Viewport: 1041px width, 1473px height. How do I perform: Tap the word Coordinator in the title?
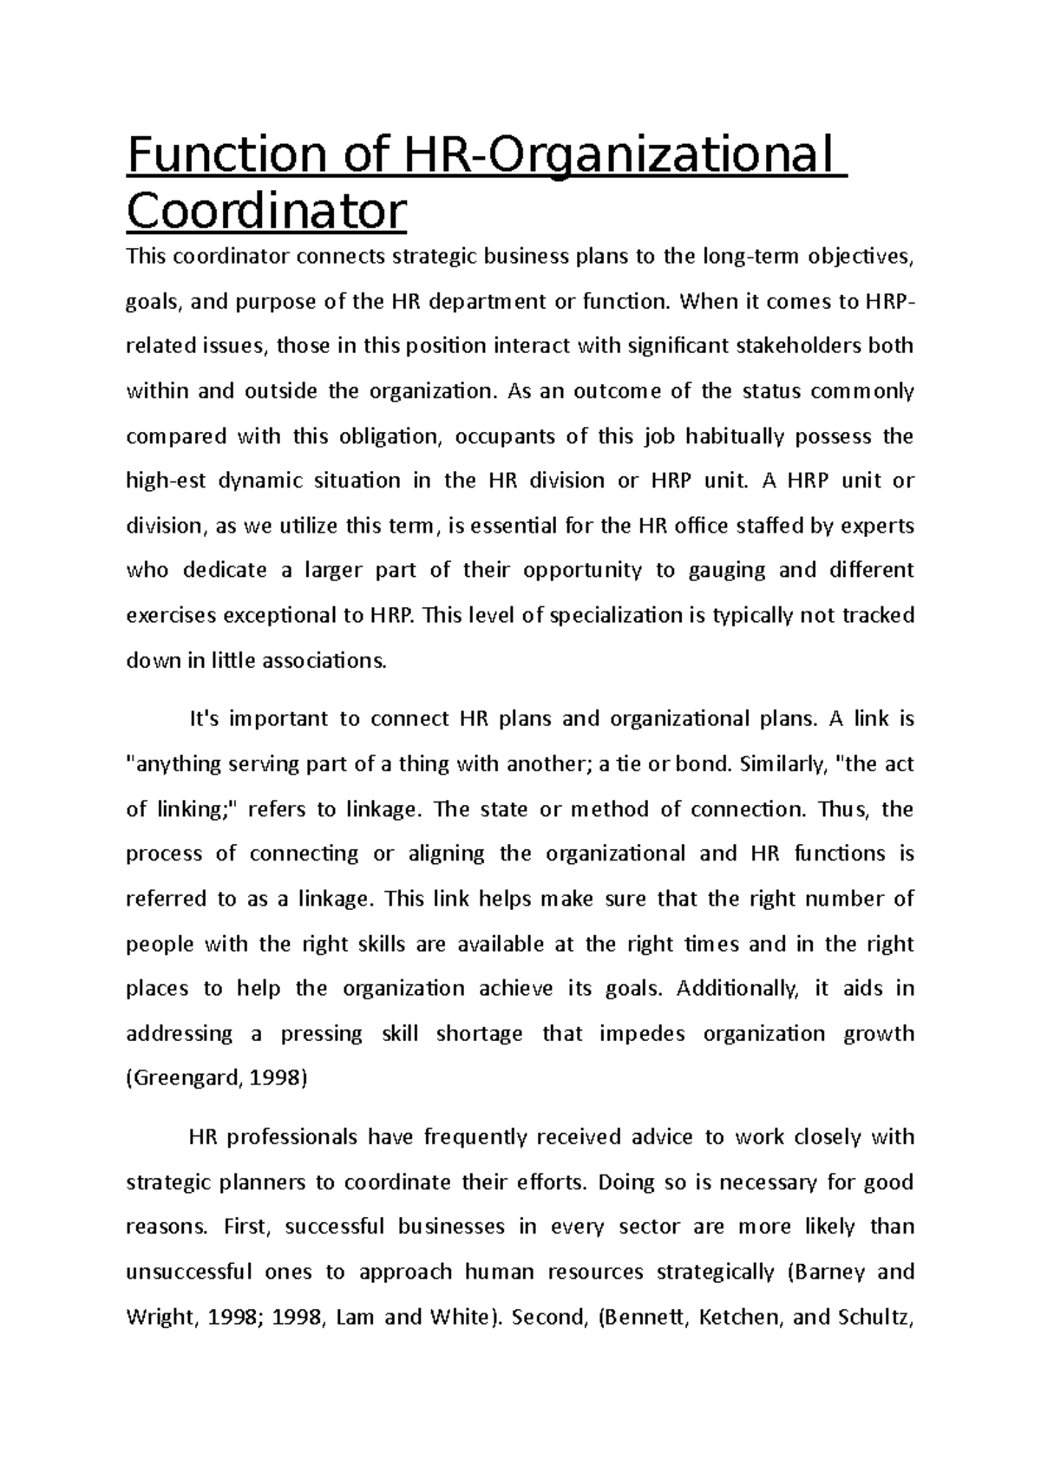pyautogui.click(x=266, y=211)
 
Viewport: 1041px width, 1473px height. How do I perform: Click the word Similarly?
pyautogui.click(x=781, y=764)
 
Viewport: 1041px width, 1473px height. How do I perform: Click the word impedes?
pyautogui.click(x=642, y=1034)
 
